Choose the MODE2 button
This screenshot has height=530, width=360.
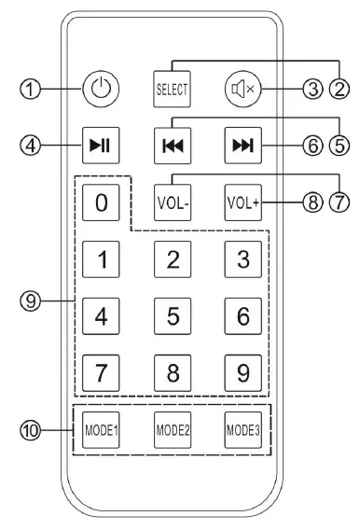[173, 431]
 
